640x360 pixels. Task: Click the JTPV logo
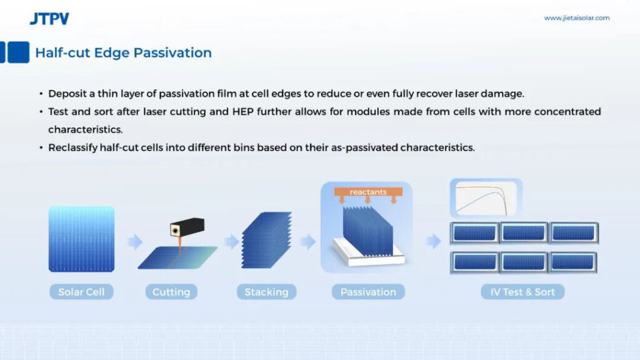(x=49, y=19)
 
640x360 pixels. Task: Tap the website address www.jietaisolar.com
(x=577, y=18)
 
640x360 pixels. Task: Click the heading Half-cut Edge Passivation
(x=123, y=52)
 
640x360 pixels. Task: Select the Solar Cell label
(x=81, y=292)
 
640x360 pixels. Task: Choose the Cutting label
(x=171, y=292)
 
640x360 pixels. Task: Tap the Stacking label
(x=266, y=292)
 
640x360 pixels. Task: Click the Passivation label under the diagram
(x=368, y=292)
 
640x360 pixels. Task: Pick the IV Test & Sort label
(x=522, y=292)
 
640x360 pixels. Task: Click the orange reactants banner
(x=368, y=192)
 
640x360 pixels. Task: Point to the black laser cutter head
(x=187, y=227)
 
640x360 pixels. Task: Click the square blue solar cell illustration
(x=82, y=239)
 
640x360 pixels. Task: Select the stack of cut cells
(x=266, y=240)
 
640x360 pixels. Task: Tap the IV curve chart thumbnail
(x=486, y=198)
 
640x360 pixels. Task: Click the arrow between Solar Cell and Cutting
(x=135, y=242)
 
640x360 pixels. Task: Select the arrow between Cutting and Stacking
(x=232, y=242)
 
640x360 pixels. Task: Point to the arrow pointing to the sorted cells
(x=434, y=242)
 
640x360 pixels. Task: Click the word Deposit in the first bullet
(x=67, y=94)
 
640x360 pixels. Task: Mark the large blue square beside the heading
(x=18, y=52)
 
